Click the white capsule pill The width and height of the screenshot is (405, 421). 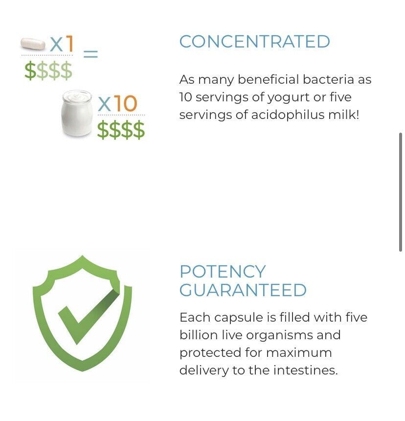point(33,44)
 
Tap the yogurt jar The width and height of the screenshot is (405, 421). point(77,113)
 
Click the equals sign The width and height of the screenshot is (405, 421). point(90,54)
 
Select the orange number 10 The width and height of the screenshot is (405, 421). point(126,103)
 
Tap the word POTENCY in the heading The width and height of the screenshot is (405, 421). point(223,272)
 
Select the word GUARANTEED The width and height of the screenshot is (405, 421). point(243,290)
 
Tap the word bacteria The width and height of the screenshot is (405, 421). point(328,79)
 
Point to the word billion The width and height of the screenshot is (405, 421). point(198,335)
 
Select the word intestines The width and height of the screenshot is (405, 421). point(306,370)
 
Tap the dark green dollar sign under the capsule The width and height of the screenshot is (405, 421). point(30,70)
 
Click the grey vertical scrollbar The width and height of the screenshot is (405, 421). point(401,192)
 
